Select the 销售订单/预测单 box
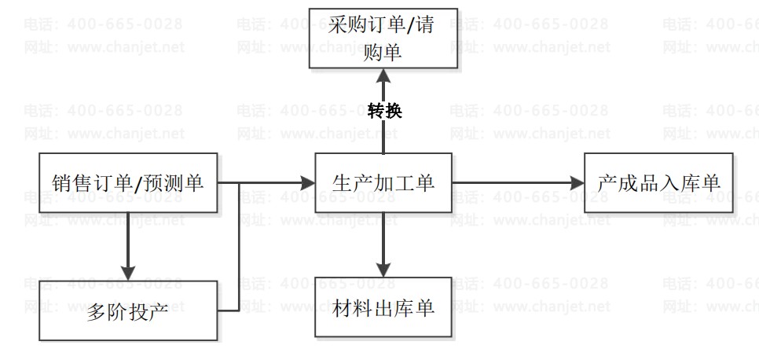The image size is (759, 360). (128, 183)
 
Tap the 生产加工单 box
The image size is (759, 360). (383, 183)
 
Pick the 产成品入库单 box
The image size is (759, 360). (659, 183)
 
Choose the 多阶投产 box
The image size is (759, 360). (128, 310)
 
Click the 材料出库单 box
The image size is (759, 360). (383, 307)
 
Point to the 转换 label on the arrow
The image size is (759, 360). (384, 110)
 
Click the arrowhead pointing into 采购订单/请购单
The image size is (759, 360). (383, 75)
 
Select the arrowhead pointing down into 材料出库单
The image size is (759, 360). (383, 270)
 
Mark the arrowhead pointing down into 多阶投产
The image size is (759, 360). (128, 274)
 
